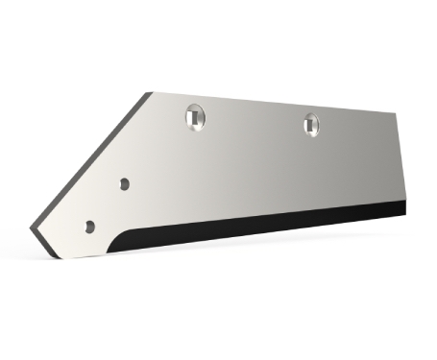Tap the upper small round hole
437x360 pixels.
pos(124,181)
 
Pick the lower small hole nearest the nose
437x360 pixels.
pos(89,227)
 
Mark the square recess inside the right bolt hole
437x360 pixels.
pos(311,123)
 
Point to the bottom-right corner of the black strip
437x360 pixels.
pos(405,212)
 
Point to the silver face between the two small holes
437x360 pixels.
pos(107,204)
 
